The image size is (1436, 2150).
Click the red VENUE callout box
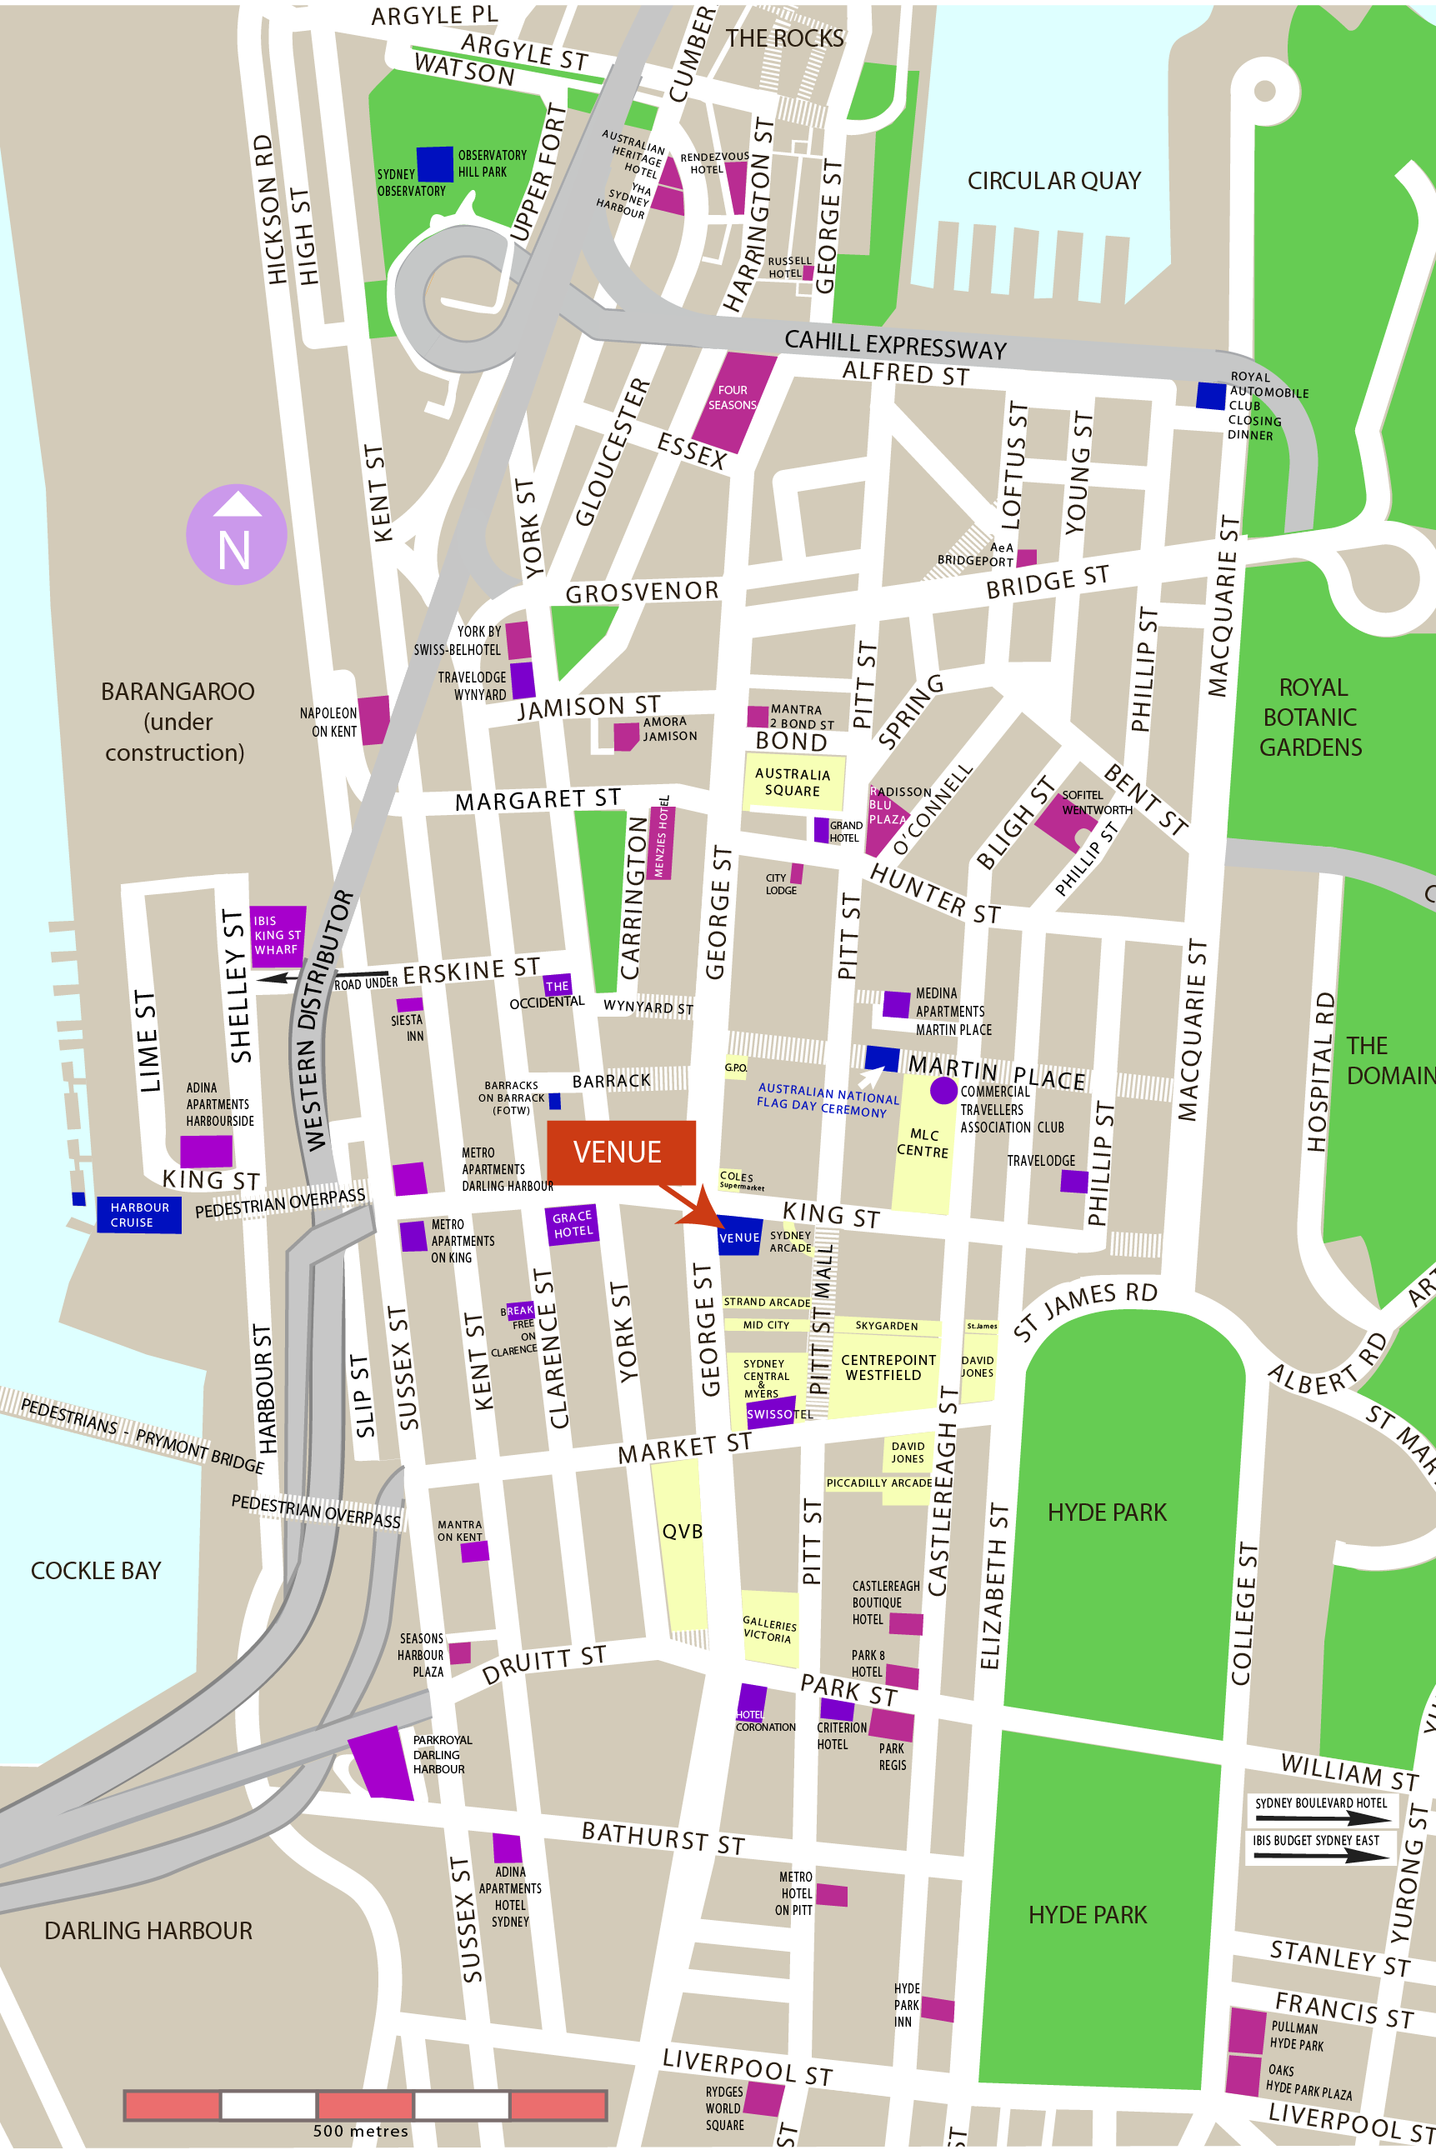620,1152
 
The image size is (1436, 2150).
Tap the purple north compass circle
237,535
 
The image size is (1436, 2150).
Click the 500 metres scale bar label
360,2131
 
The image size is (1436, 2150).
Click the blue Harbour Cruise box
138,1215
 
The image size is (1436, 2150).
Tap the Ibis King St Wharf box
278,936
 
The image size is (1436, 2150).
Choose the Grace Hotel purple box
572,1223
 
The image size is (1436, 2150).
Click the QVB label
682,1532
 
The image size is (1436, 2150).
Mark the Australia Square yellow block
793,781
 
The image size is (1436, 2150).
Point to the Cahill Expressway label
895,345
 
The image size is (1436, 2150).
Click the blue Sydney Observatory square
434,164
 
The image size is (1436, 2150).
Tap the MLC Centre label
923,1142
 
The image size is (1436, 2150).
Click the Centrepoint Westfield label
888,1367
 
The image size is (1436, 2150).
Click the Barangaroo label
177,721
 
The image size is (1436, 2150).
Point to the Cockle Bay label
96,1570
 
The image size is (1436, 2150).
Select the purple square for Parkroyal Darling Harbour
379,1762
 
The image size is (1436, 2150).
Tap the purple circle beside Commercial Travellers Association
943,1090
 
